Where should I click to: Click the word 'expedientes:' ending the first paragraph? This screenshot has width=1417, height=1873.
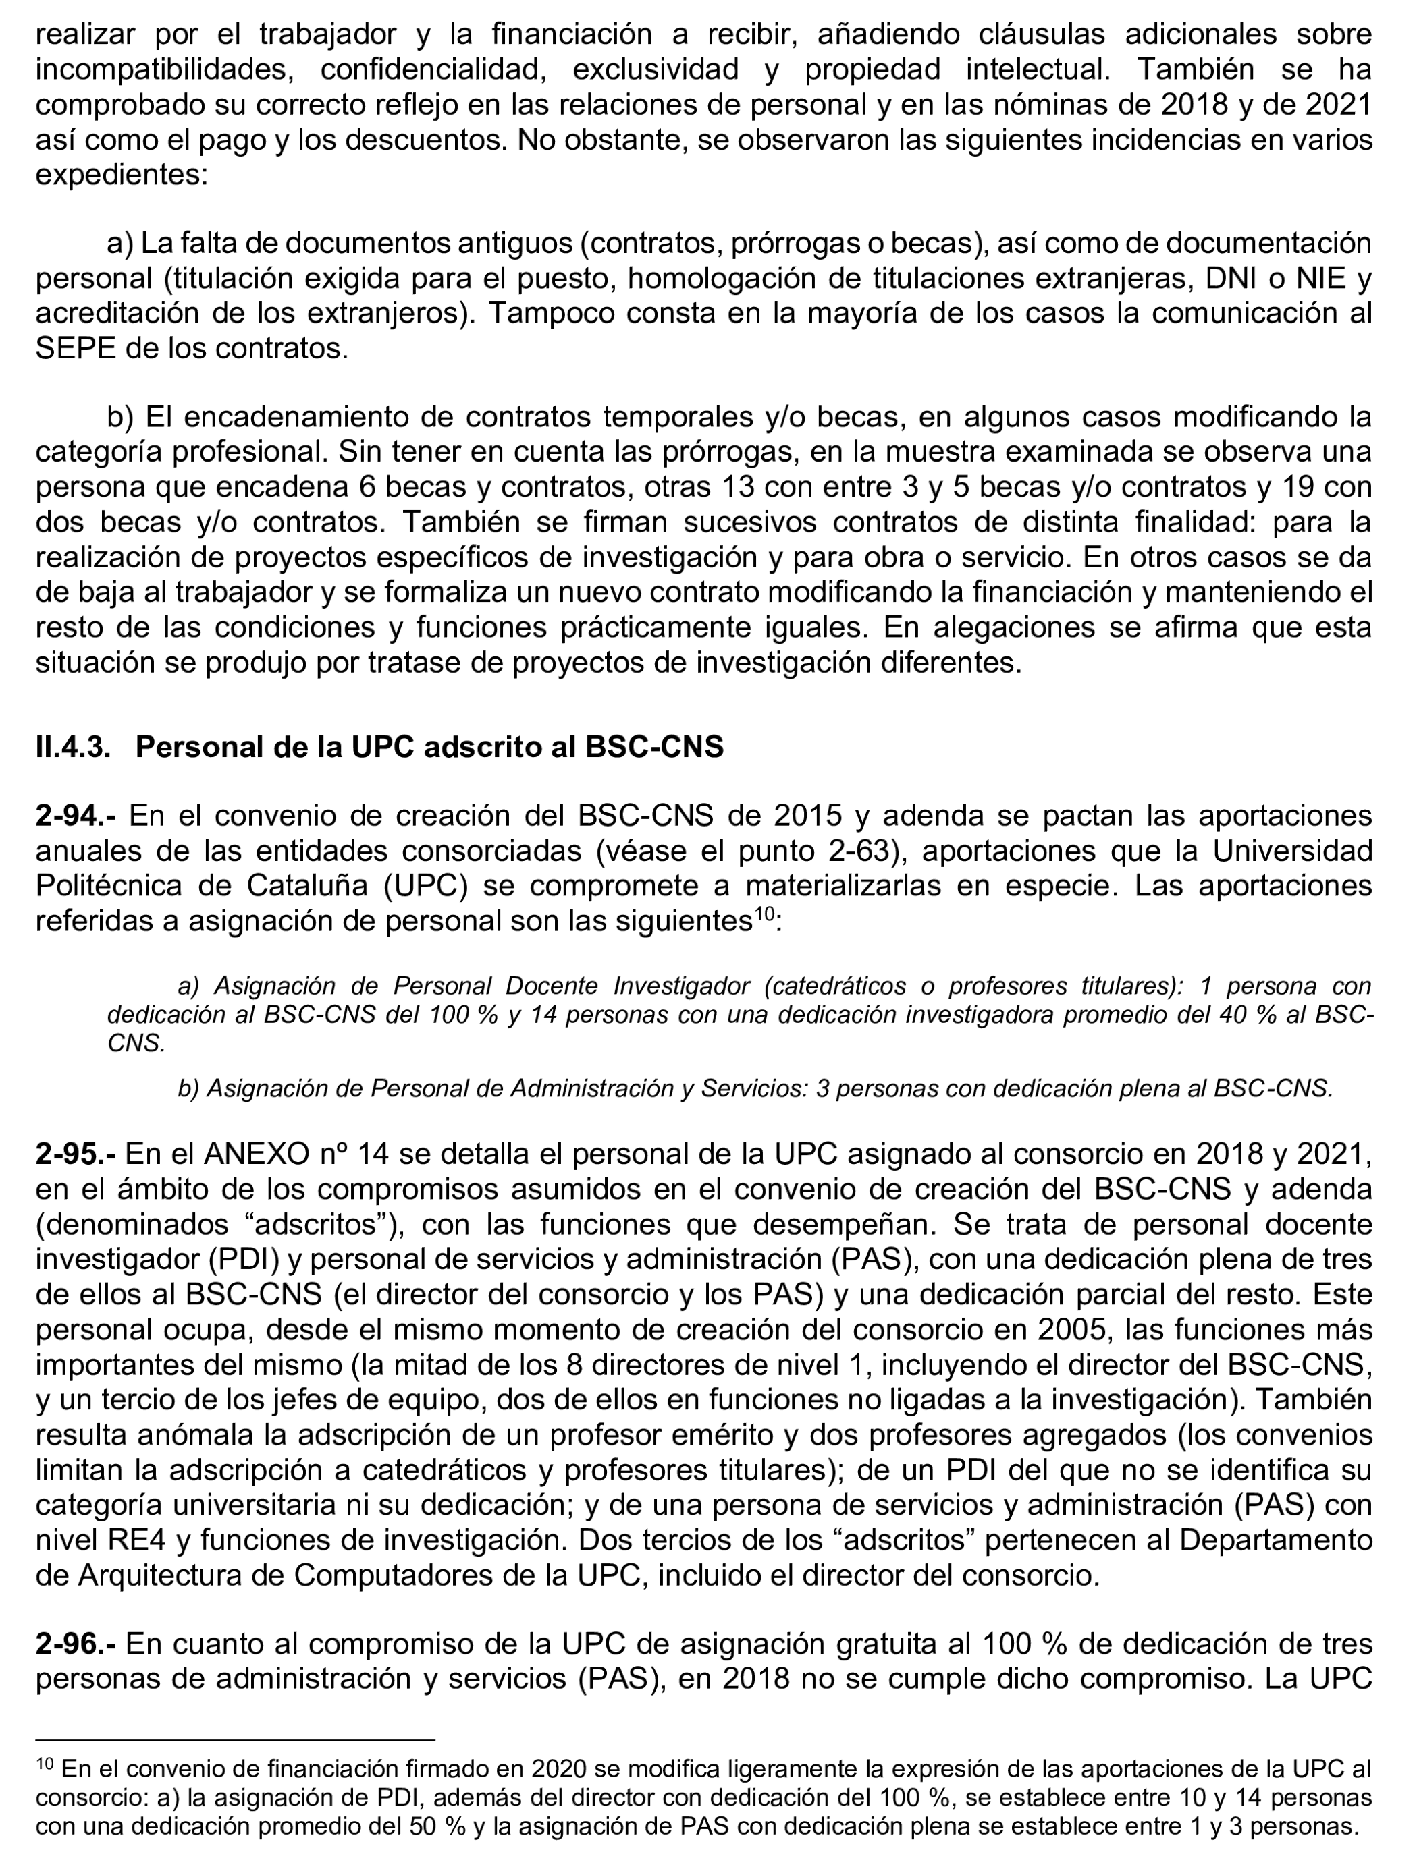tap(121, 175)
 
